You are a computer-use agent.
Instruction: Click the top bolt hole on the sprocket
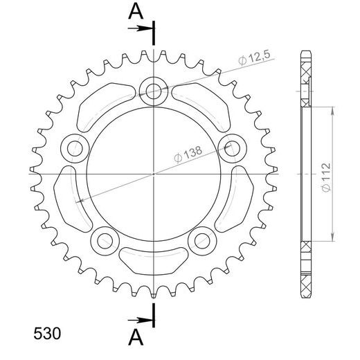click(x=153, y=90)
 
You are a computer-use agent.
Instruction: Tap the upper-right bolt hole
click(x=231, y=147)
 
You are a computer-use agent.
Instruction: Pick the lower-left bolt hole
click(x=105, y=240)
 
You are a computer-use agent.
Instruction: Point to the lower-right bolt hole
click(x=201, y=240)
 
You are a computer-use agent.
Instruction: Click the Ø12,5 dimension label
click(x=253, y=61)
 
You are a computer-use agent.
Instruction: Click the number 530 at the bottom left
click(x=47, y=333)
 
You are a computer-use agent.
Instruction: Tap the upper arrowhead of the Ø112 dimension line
click(x=334, y=109)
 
